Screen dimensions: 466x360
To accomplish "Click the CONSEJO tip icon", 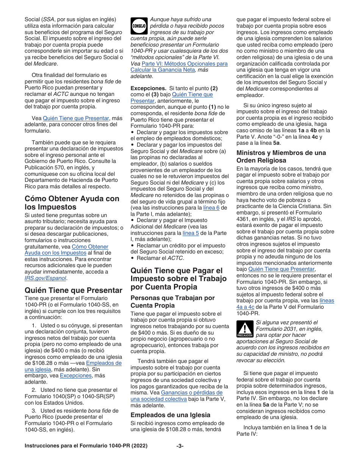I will click(x=139, y=25).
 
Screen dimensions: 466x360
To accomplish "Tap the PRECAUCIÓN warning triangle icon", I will click(x=245, y=328).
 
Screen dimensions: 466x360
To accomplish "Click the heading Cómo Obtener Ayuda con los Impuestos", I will click(x=72, y=203).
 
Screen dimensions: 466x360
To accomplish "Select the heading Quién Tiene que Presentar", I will click(x=74, y=290).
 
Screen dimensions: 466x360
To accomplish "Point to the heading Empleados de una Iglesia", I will click(x=171, y=415).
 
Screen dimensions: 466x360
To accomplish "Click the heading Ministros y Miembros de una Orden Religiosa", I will click(x=281, y=156).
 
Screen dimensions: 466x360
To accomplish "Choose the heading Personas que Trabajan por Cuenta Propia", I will click(x=173, y=302).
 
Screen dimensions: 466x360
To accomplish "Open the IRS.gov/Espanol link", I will click(x=45, y=278).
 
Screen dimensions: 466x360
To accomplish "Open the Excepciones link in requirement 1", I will click(x=76, y=375).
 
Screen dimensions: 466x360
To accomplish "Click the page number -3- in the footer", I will click(x=180, y=446).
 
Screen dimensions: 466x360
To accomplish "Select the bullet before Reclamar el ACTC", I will click(x=132, y=258).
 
